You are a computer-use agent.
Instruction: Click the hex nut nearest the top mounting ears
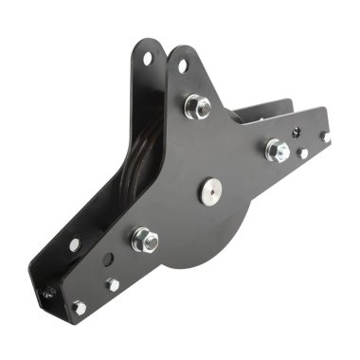pos(198,106)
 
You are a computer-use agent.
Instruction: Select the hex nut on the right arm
pos(277,150)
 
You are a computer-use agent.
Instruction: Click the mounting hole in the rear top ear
pos(148,58)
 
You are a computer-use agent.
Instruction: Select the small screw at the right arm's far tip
pos(324,136)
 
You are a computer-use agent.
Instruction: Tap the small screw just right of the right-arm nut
pos(302,153)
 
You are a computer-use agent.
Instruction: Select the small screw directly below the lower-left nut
pos(113,284)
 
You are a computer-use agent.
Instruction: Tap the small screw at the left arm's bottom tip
pos(80,307)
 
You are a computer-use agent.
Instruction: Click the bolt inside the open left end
pos(45,293)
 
